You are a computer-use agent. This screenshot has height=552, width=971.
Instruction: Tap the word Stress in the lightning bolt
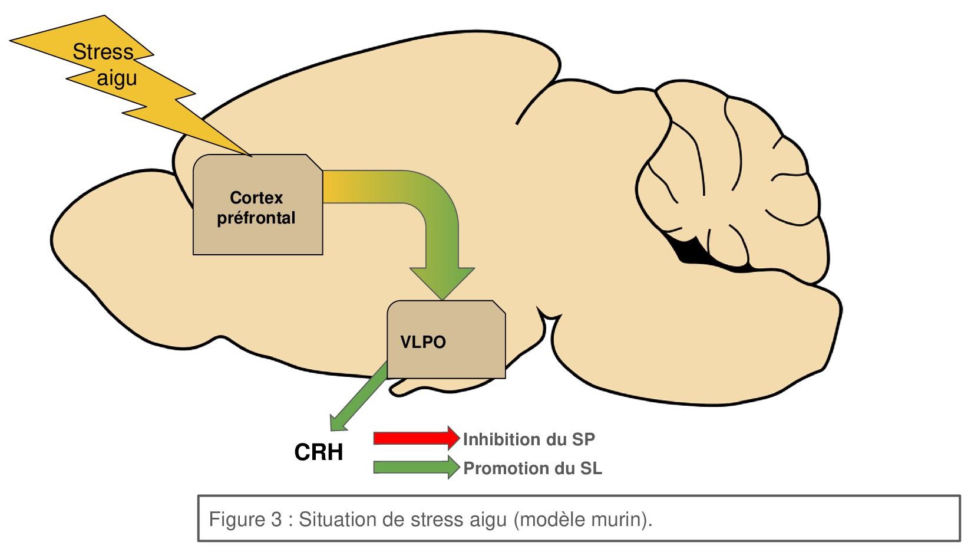tap(103, 52)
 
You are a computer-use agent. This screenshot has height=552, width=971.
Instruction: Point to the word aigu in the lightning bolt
tap(117, 78)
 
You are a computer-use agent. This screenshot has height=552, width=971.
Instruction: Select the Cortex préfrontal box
tap(257, 236)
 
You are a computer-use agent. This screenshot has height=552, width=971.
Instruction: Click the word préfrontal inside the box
tap(256, 218)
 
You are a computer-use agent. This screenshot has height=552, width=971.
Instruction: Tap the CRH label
tap(318, 452)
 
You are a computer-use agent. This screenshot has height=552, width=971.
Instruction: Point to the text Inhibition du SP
tap(529, 439)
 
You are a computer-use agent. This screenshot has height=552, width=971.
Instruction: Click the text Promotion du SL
tap(533, 468)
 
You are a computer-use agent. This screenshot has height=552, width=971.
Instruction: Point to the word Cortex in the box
tap(256, 198)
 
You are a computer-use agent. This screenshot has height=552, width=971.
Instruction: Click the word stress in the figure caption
tap(437, 520)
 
